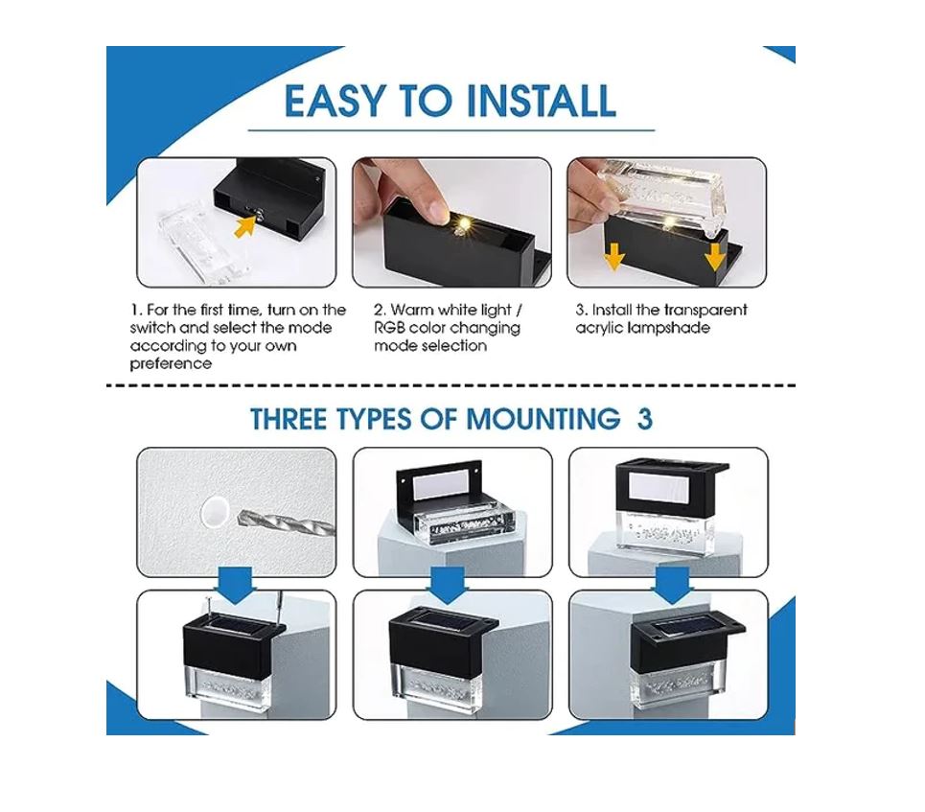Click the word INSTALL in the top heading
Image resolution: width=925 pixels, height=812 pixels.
pos(541,101)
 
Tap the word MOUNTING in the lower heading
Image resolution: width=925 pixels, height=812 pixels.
pos(543,419)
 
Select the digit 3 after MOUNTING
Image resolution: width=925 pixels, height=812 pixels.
pos(645,419)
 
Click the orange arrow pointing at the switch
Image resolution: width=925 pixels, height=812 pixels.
pos(246,225)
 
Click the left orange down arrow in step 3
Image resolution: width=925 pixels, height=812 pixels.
pos(614,257)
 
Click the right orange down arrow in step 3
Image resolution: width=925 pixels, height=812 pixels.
pos(716,257)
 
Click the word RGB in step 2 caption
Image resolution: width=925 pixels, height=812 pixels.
pos(389,328)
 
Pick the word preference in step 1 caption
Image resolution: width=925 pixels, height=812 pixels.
pos(171,364)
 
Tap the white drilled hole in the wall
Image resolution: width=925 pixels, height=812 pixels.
pos(214,510)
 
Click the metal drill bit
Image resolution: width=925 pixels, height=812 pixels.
pos(286,522)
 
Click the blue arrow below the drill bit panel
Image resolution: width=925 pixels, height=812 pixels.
pos(237,585)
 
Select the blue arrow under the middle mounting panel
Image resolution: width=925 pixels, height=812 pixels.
pos(447,585)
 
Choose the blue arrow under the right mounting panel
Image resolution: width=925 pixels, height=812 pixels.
pos(673,585)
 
